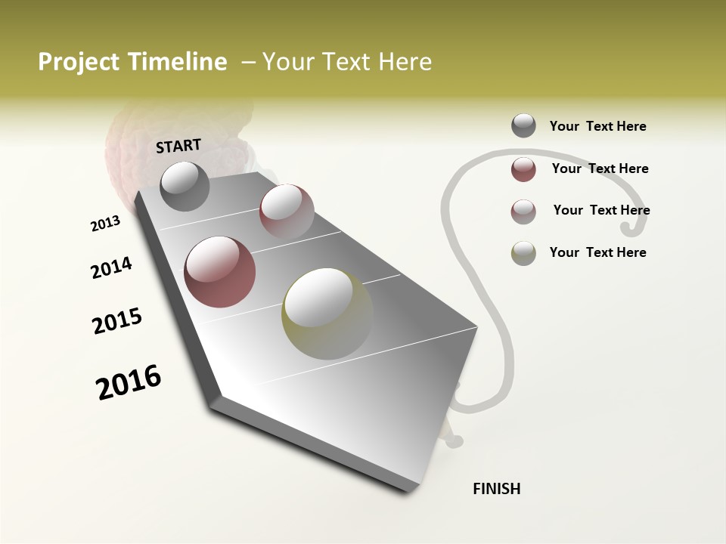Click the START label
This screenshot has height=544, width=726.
point(178,146)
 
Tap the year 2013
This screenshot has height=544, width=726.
point(105,223)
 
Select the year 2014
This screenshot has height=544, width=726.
point(111,267)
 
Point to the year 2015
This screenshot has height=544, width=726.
point(117,320)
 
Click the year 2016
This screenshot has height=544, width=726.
point(129,382)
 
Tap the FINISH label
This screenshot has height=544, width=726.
point(496,489)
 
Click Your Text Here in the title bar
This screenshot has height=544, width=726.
point(347,62)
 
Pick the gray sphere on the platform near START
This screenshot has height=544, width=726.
point(185,186)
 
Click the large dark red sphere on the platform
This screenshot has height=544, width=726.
point(219,272)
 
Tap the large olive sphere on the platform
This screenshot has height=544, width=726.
point(327,313)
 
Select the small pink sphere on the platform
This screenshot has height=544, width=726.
point(286,211)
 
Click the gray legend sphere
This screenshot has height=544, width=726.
point(523,126)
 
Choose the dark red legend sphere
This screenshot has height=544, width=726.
point(523,169)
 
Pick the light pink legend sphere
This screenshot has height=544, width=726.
point(523,211)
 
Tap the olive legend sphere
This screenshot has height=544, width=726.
point(523,253)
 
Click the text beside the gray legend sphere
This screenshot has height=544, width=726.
point(597,126)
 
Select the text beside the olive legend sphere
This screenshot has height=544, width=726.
point(597,252)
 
